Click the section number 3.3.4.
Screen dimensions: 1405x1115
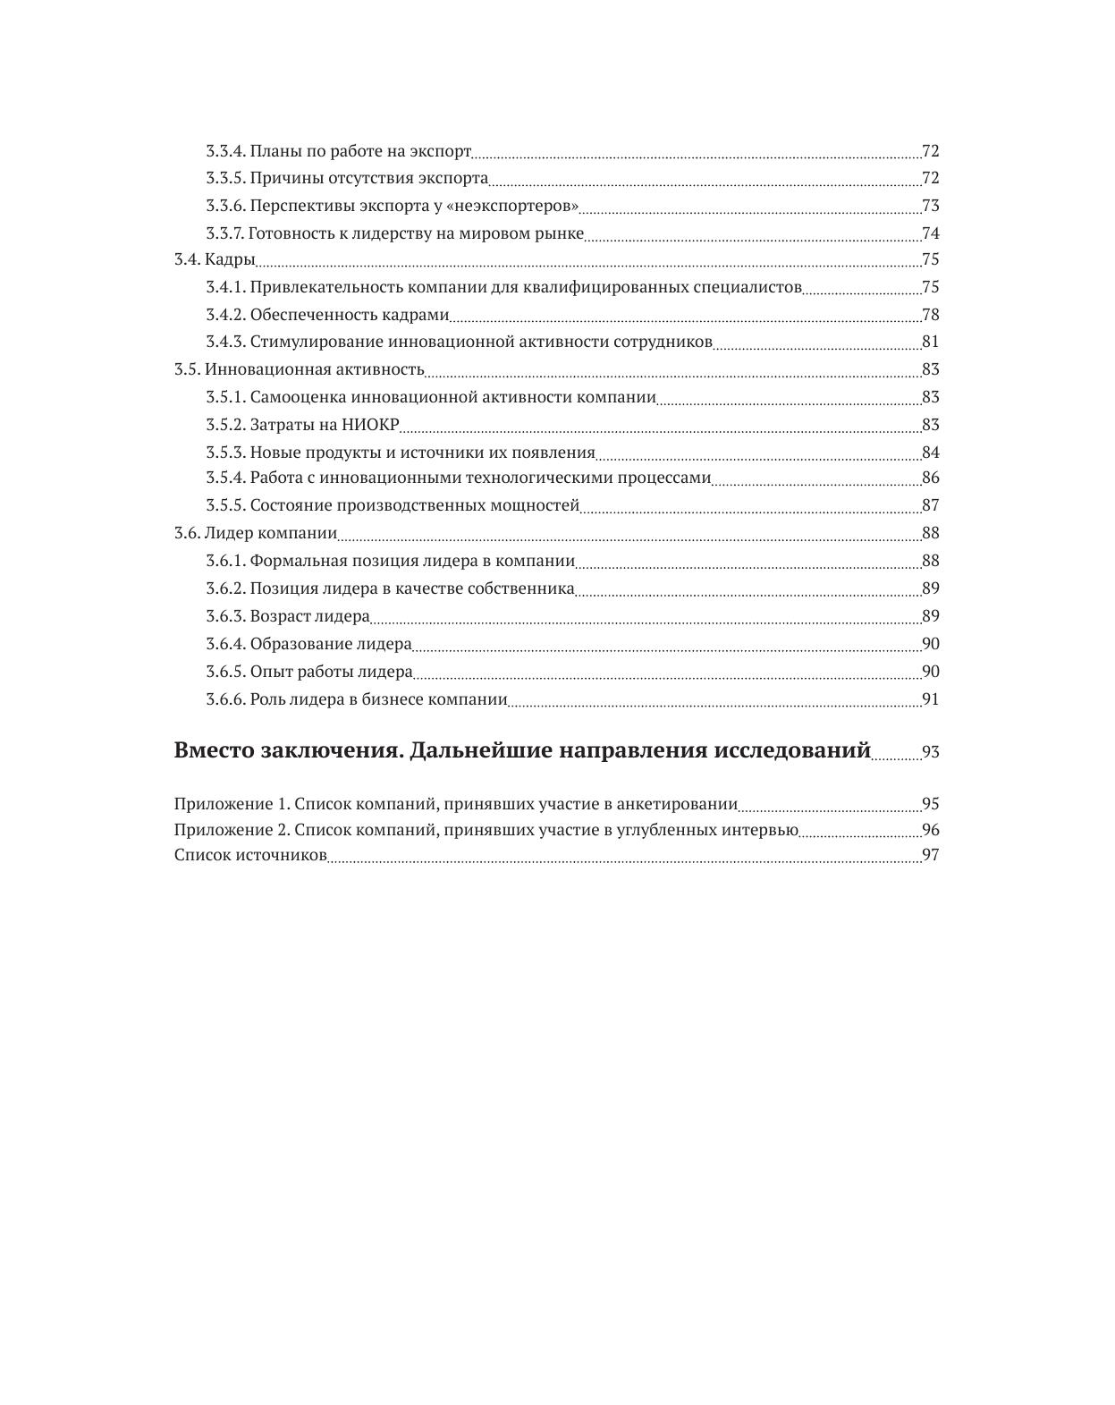click(x=225, y=151)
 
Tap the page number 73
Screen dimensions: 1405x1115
click(x=930, y=207)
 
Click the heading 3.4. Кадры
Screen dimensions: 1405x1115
click(x=215, y=260)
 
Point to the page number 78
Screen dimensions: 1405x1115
click(x=930, y=315)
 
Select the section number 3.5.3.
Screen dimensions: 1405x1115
click(x=225, y=453)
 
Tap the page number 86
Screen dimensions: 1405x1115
click(x=930, y=478)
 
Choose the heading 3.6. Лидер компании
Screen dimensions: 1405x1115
click(x=256, y=533)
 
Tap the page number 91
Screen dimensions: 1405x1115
click(x=930, y=699)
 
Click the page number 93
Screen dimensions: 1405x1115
click(x=930, y=752)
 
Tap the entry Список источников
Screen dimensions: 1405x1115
click(x=250, y=855)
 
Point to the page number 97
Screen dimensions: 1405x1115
click(x=930, y=855)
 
